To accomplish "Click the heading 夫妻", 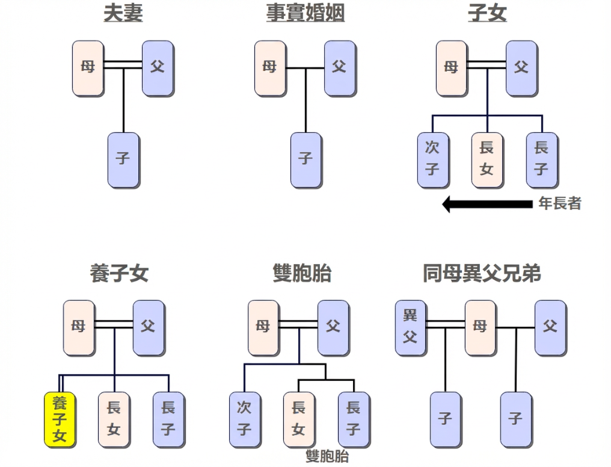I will (x=123, y=13).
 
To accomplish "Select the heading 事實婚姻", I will (x=305, y=13).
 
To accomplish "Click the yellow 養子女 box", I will (x=60, y=419).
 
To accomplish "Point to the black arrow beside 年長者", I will (x=487, y=204).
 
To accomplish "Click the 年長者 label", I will (x=559, y=204).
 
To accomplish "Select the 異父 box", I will (x=410, y=327).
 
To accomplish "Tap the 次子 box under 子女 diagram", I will (x=432, y=159).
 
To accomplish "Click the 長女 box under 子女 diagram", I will (x=487, y=159).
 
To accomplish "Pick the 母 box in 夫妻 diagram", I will (x=88, y=68).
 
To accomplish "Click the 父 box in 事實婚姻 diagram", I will (x=340, y=68).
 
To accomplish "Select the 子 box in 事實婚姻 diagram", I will (x=305, y=159).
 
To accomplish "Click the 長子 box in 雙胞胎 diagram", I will (x=354, y=419).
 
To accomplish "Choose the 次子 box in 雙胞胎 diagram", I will (x=244, y=419).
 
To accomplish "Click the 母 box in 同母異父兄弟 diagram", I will (x=480, y=327).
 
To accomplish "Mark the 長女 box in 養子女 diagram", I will (x=114, y=419).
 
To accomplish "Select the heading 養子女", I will (x=118, y=274).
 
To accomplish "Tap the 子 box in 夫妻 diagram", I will (x=123, y=159).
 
